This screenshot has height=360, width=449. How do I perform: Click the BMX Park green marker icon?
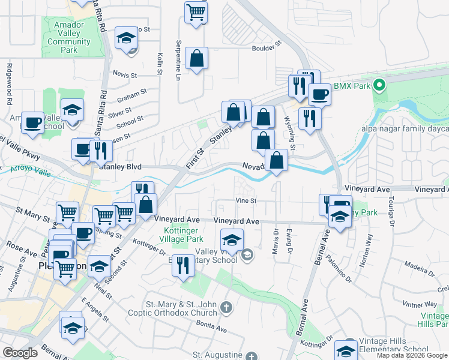tap(378, 86)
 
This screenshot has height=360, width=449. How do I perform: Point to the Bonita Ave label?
tap(213, 329)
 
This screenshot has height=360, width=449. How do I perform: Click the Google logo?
tap(20, 353)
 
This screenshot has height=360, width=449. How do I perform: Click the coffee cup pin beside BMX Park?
tap(319, 94)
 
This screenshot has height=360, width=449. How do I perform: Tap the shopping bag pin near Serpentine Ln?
tap(196, 58)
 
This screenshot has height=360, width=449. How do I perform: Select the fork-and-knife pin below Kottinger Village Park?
tap(184, 265)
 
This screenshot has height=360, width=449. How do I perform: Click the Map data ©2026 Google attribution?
tap(412, 355)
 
